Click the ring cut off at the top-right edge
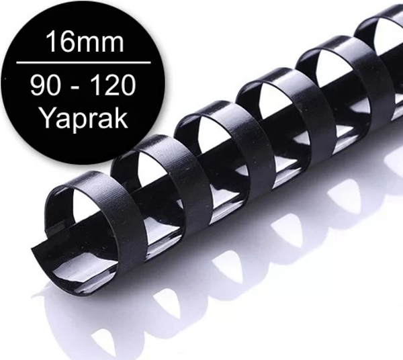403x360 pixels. coord(379,27)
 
